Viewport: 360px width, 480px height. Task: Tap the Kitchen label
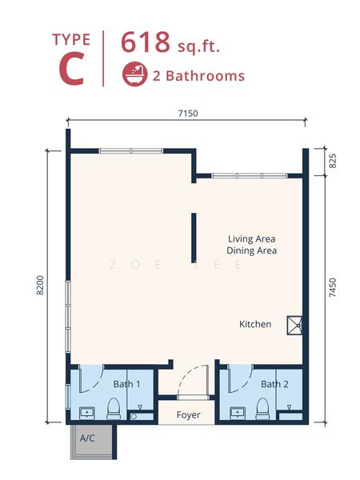(255, 324)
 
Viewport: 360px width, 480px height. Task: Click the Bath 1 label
(126, 384)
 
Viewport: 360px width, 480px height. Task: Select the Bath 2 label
(274, 384)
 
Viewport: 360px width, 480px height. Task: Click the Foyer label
(189, 414)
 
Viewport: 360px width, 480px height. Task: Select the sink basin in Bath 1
(89, 413)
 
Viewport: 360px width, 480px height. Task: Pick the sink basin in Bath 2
(238, 413)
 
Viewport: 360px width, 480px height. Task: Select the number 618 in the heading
(145, 42)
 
